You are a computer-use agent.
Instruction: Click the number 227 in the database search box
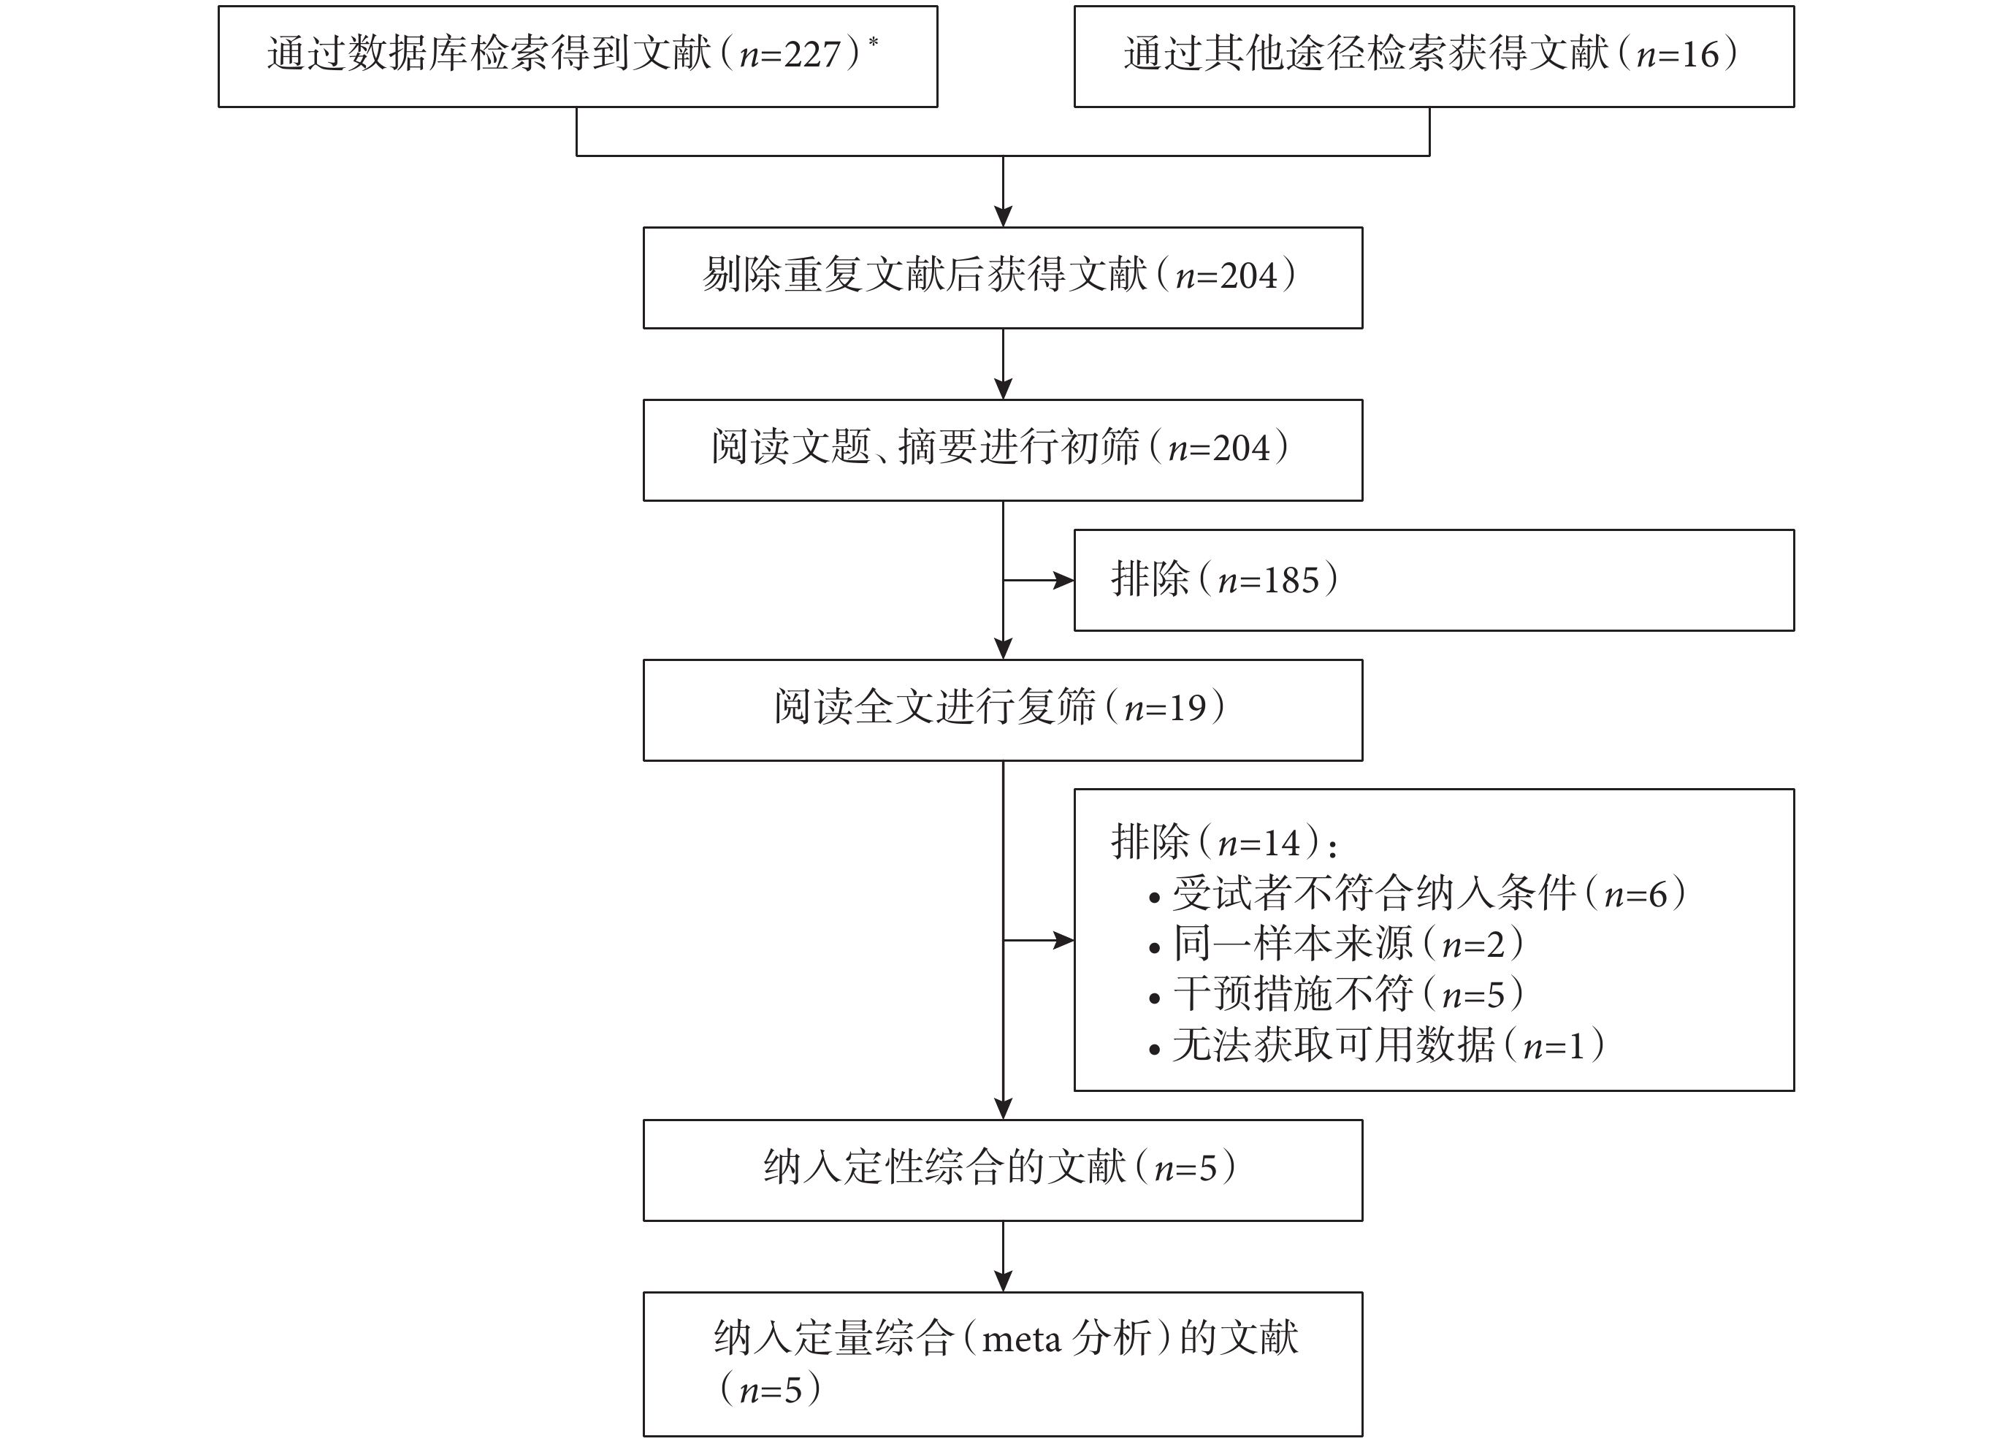click(x=811, y=55)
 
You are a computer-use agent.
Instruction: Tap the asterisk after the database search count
click(x=874, y=41)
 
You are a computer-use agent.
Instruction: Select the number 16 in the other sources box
click(x=1700, y=55)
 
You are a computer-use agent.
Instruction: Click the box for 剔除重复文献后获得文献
click(x=1003, y=278)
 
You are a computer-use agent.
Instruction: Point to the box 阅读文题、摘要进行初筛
click(x=1003, y=450)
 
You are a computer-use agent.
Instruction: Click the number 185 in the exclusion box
click(x=1291, y=581)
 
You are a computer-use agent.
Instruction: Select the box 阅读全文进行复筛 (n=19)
click(x=1003, y=710)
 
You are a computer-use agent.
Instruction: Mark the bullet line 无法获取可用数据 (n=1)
click(x=1377, y=1045)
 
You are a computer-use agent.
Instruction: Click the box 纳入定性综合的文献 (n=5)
click(x=1003, y=1170)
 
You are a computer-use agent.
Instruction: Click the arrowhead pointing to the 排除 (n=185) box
click(x=1063, y=581)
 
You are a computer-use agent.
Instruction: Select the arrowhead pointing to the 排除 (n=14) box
click(x=1063, y=940)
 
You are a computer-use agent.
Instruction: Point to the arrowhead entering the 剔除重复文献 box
click(x=1003, y=216)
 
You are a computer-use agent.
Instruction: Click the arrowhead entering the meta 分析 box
click(x=1003, y=1282)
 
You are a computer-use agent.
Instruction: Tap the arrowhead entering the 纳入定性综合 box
click(x=1003, y=1109)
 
